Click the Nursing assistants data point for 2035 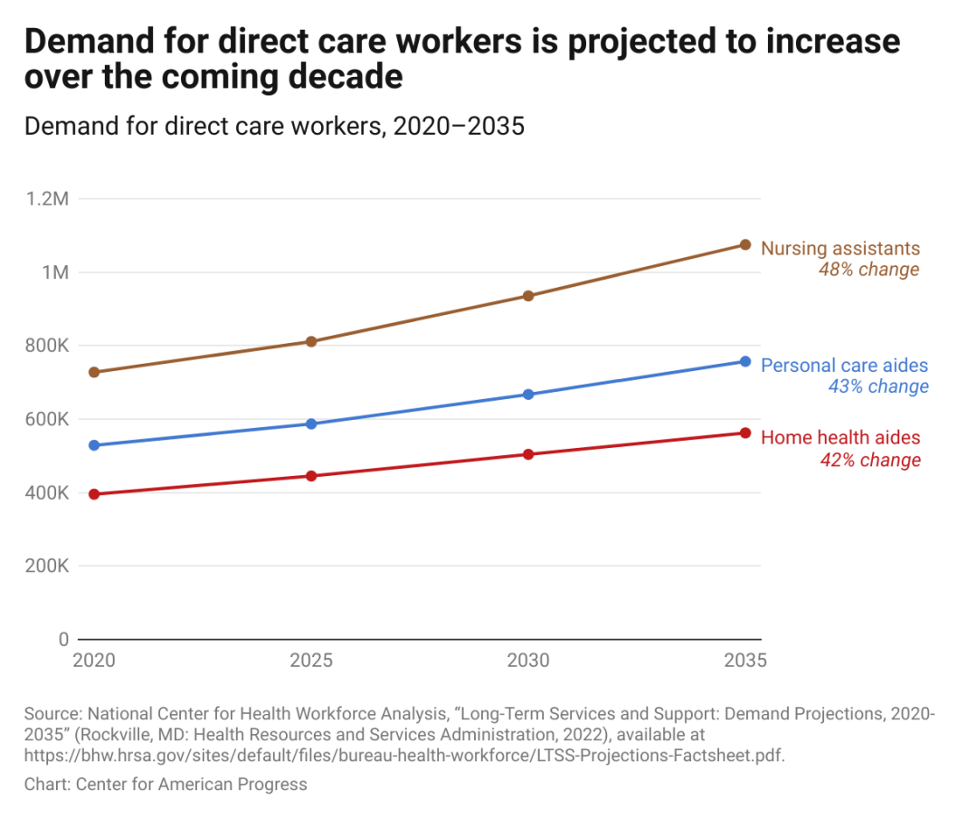coord(745,244)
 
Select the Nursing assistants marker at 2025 coord(311,341)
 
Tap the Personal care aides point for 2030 coord(528,395)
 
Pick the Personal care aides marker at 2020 coord(94,445)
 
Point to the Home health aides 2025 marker coord(311,476)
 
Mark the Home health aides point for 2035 coord(745,433)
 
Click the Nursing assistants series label coord(840,248)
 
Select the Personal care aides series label coord(845,366)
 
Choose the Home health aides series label coord(840,438)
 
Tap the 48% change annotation coord(868,270)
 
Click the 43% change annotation coord(878,386)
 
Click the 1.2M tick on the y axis coord(49,198)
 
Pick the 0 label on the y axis coord(63,640)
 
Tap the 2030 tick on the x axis coord(528,661)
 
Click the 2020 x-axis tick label coord(94,661)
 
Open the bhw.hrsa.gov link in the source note coord(404,756)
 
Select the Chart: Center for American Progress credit coord(166,785)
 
